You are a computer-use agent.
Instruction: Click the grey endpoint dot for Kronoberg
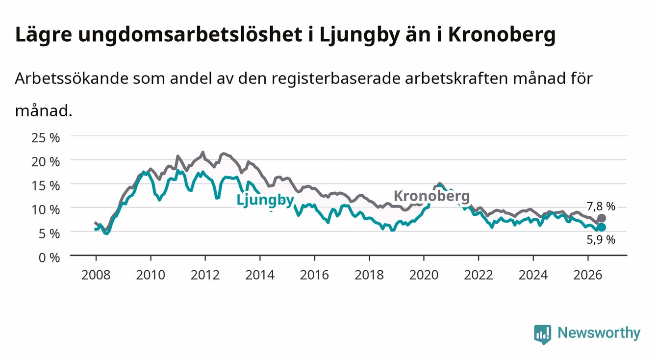pos(601,218)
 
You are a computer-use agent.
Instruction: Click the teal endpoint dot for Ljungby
pos(601,227)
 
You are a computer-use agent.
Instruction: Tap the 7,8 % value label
pos(601,206)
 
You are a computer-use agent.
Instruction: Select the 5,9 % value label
pos(601,240)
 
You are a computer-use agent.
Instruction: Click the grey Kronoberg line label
pos(431,196)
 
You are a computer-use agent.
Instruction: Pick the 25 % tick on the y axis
pos(46,138)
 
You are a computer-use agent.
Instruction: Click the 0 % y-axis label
pos(49,257)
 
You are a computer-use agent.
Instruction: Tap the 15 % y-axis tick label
pos(46,186)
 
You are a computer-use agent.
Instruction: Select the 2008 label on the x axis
pos(96,275)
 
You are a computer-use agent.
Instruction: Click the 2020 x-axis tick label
pos(424,275)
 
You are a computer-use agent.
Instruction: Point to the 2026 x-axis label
pos(587,275)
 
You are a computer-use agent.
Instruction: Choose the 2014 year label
pos(259,275)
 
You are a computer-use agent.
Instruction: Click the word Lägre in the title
pos(44,35)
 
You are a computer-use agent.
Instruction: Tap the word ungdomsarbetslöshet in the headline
pos(190,35)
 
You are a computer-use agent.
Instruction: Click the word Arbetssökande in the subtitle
pos(72,78)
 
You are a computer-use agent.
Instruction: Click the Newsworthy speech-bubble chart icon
pos(542,334)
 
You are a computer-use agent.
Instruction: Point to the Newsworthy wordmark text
pos(599,333)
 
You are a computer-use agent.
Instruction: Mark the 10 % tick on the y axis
pos(46,210)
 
